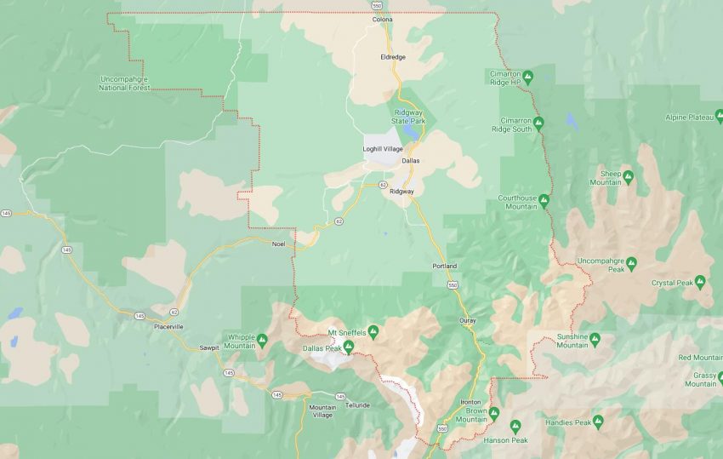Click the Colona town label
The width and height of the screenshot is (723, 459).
pyautogui.click(x=382, y=20)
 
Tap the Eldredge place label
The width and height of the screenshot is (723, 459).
pyautogui.click(x=392, y=57)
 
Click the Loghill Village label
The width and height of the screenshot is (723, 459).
pyautogui.click(x=381, y=149)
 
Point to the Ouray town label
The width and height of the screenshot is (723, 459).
pyautogui.click(x=467, y=320)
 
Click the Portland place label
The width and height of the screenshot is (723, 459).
pyautogui.click(x=445, y=266)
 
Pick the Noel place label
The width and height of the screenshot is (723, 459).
pyautogui.click(x=277, y=244)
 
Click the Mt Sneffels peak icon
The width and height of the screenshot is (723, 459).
pyautogui.click(x=373, y=330)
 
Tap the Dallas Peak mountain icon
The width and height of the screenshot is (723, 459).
pyautogui.click(x=349, y=346)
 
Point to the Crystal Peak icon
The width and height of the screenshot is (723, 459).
pyautogui.click(x=700, y=282)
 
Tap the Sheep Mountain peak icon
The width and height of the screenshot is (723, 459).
pyautogui.click(x=628, y=176)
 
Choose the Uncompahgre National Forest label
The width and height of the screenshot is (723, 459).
pyautogui.click(x=124, y=83)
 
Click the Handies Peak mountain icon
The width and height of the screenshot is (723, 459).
pyautogui.click(x=597, y=422)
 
